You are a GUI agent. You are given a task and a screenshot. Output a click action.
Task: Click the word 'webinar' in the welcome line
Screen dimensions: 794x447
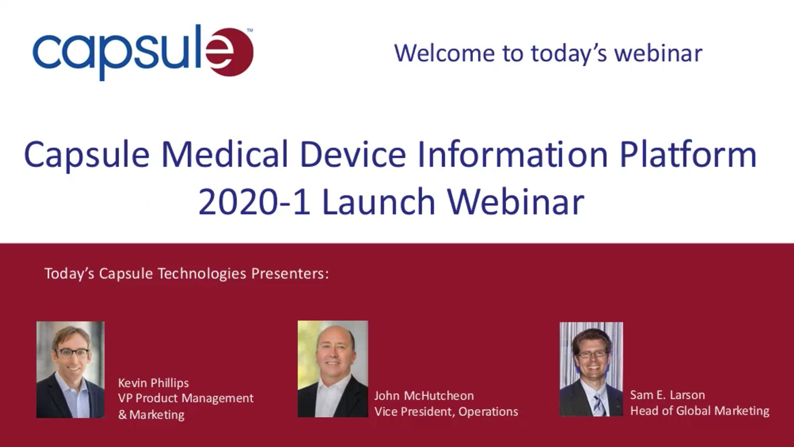pos(658,53)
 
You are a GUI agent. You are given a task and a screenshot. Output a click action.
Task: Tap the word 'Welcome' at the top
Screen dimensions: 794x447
pos(445,53)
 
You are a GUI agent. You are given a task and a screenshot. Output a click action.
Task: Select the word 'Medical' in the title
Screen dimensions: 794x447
pos(225,154)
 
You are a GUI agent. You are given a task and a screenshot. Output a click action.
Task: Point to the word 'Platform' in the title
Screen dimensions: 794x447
pos(688,154)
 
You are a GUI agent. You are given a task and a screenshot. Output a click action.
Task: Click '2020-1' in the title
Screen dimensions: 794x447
pos(254,202)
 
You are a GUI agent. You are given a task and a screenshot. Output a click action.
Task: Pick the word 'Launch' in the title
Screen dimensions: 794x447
pos(378,202)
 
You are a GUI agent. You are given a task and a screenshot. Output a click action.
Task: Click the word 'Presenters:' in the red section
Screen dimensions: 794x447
pos(290,274)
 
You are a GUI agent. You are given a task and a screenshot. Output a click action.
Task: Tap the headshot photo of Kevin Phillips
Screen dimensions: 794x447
pos(70,370)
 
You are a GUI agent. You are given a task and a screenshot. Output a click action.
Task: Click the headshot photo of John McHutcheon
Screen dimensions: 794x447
pos(333,369)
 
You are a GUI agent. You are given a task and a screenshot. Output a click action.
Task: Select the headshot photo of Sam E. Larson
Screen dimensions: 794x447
pos(591,369)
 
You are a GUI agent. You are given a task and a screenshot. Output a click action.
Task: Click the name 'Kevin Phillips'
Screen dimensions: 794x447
pos(153,383)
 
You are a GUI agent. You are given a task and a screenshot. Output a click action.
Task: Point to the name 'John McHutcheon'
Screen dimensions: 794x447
pos(424,396)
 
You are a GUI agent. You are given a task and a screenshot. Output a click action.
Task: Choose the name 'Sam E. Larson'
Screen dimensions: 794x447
pos(667,395)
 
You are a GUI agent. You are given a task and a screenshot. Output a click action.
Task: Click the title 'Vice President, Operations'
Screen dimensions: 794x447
pos(446,411)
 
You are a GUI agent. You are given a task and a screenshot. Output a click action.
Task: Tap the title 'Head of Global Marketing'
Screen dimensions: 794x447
pos(700,411)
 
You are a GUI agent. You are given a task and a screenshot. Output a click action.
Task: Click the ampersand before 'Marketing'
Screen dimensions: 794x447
pos(122,415)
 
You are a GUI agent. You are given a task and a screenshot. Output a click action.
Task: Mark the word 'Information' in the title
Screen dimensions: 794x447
pos(513,154)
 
